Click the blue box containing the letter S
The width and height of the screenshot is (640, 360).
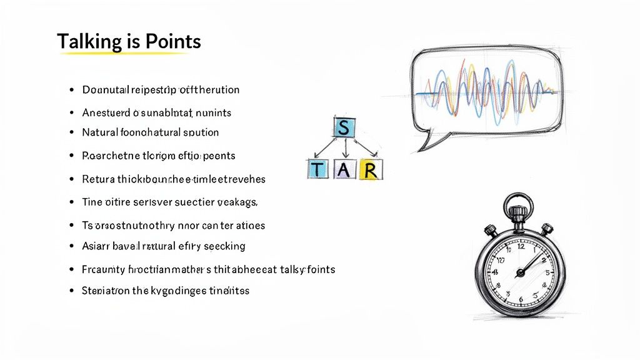(343, 128)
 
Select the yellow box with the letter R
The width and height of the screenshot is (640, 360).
(371, 169)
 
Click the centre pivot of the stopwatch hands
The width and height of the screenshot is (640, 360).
(519, 272)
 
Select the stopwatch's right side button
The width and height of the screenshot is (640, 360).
(547, 229)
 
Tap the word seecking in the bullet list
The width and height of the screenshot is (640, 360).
(223, 246)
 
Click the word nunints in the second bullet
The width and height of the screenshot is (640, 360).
(214, 113)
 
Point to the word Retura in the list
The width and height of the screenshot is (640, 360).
(98, 179)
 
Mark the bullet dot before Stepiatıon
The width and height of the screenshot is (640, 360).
(72, 291)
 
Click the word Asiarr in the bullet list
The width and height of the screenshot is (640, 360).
(96, 246)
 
